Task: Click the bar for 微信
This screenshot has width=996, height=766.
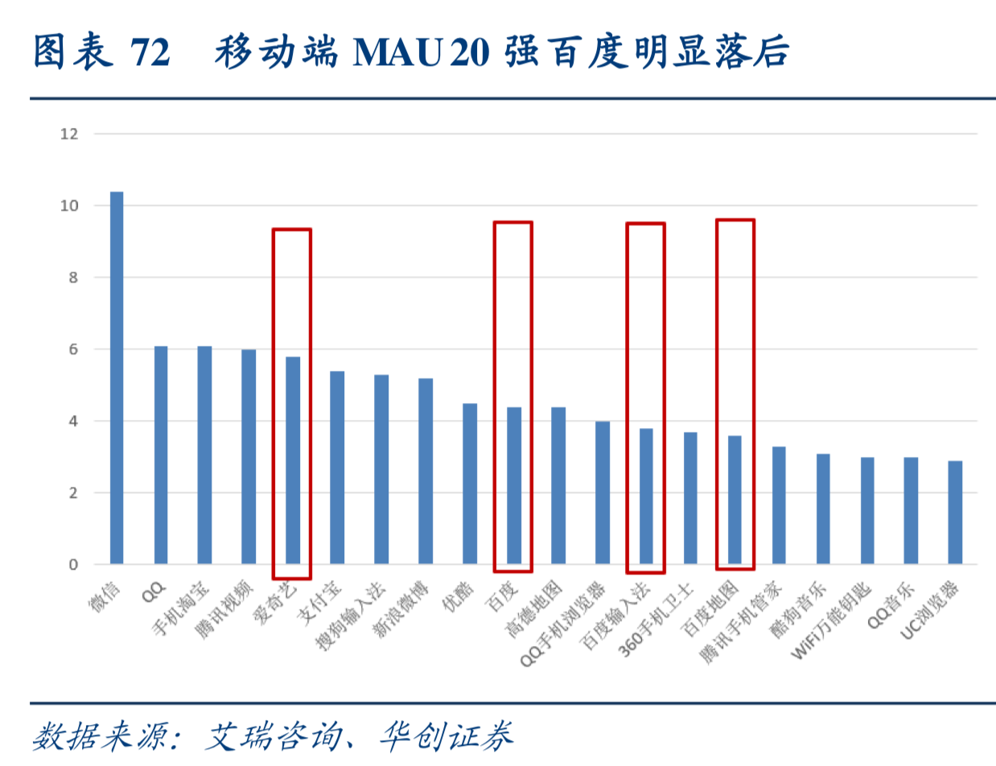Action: (x=117, y=378)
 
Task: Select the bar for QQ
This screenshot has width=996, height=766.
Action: (x=161, y=455)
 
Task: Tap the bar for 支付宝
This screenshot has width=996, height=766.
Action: (x=337, y=467)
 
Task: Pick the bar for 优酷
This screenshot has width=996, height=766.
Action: (x=470, y=484)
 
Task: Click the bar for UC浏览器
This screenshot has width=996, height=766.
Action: (x=955, y=513)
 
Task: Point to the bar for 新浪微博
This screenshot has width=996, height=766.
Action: (x=426, y=472)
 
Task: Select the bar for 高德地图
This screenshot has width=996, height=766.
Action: (x=558, y=486)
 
